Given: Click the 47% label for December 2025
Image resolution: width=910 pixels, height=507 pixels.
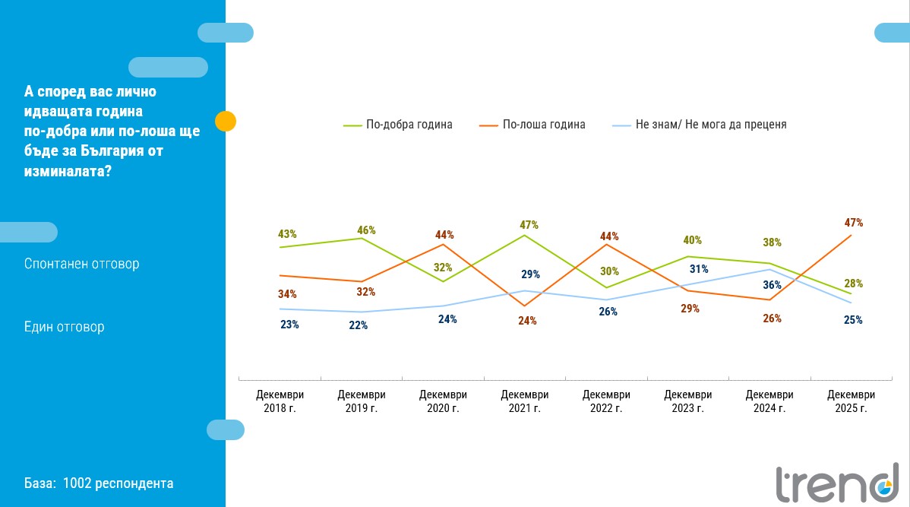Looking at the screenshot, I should pos(853,223).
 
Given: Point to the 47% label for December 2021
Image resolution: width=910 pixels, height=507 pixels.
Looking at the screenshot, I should pos(529,225).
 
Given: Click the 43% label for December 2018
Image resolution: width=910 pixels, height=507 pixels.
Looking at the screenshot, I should pos(287,234).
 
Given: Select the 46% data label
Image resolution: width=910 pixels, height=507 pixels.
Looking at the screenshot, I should pos(367,230).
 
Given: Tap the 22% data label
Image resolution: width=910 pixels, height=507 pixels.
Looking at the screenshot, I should pos(359,325).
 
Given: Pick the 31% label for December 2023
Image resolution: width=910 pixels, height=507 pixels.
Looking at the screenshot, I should pos(699,268).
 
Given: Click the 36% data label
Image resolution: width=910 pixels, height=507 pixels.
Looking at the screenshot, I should pos(772,285).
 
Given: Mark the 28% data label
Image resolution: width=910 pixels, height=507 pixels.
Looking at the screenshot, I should pos(853,284).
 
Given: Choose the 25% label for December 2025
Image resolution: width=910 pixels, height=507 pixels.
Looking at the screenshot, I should pos(853,320).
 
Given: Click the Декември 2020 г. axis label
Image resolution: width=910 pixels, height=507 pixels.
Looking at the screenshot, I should pos(443,401).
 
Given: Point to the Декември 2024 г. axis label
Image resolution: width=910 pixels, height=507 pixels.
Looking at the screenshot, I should pos(769,401).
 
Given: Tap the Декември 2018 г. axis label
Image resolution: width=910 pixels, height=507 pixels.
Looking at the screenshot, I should pos(280,401).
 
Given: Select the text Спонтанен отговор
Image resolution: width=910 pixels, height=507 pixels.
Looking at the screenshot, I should pos(82,264).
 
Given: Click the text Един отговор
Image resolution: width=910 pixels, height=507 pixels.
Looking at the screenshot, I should pos(65,327).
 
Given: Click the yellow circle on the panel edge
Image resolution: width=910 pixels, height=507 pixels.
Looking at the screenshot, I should pos(226,121).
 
